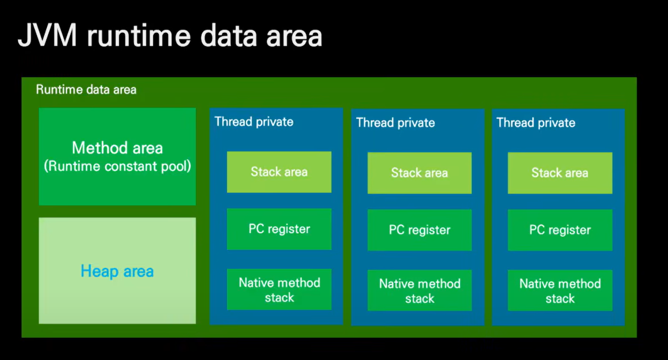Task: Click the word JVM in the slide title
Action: coord(47,35)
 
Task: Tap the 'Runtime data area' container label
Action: coord(86,90)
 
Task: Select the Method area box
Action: coord(117,157)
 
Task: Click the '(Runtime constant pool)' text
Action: coord(117,166)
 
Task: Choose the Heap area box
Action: coord(117,271)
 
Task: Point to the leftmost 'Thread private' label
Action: coord(254,122)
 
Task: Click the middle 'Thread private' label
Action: coord(395,123)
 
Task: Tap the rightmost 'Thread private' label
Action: coord(536,123)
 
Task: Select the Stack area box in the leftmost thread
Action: coord(279,172)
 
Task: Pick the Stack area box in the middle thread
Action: coord(420,173)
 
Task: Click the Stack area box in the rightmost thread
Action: coord(560,173)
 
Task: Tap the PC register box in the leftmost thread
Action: coord(279,229)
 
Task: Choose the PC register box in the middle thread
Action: coord(420,230)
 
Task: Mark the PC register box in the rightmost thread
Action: coord(560,230)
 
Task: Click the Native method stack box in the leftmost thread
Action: coord(279,289)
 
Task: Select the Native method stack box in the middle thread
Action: coord(420,290)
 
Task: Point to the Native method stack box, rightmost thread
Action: coord(560,290)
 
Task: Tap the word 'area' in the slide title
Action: coord(294,37)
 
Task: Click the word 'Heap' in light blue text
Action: coord(99,271)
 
